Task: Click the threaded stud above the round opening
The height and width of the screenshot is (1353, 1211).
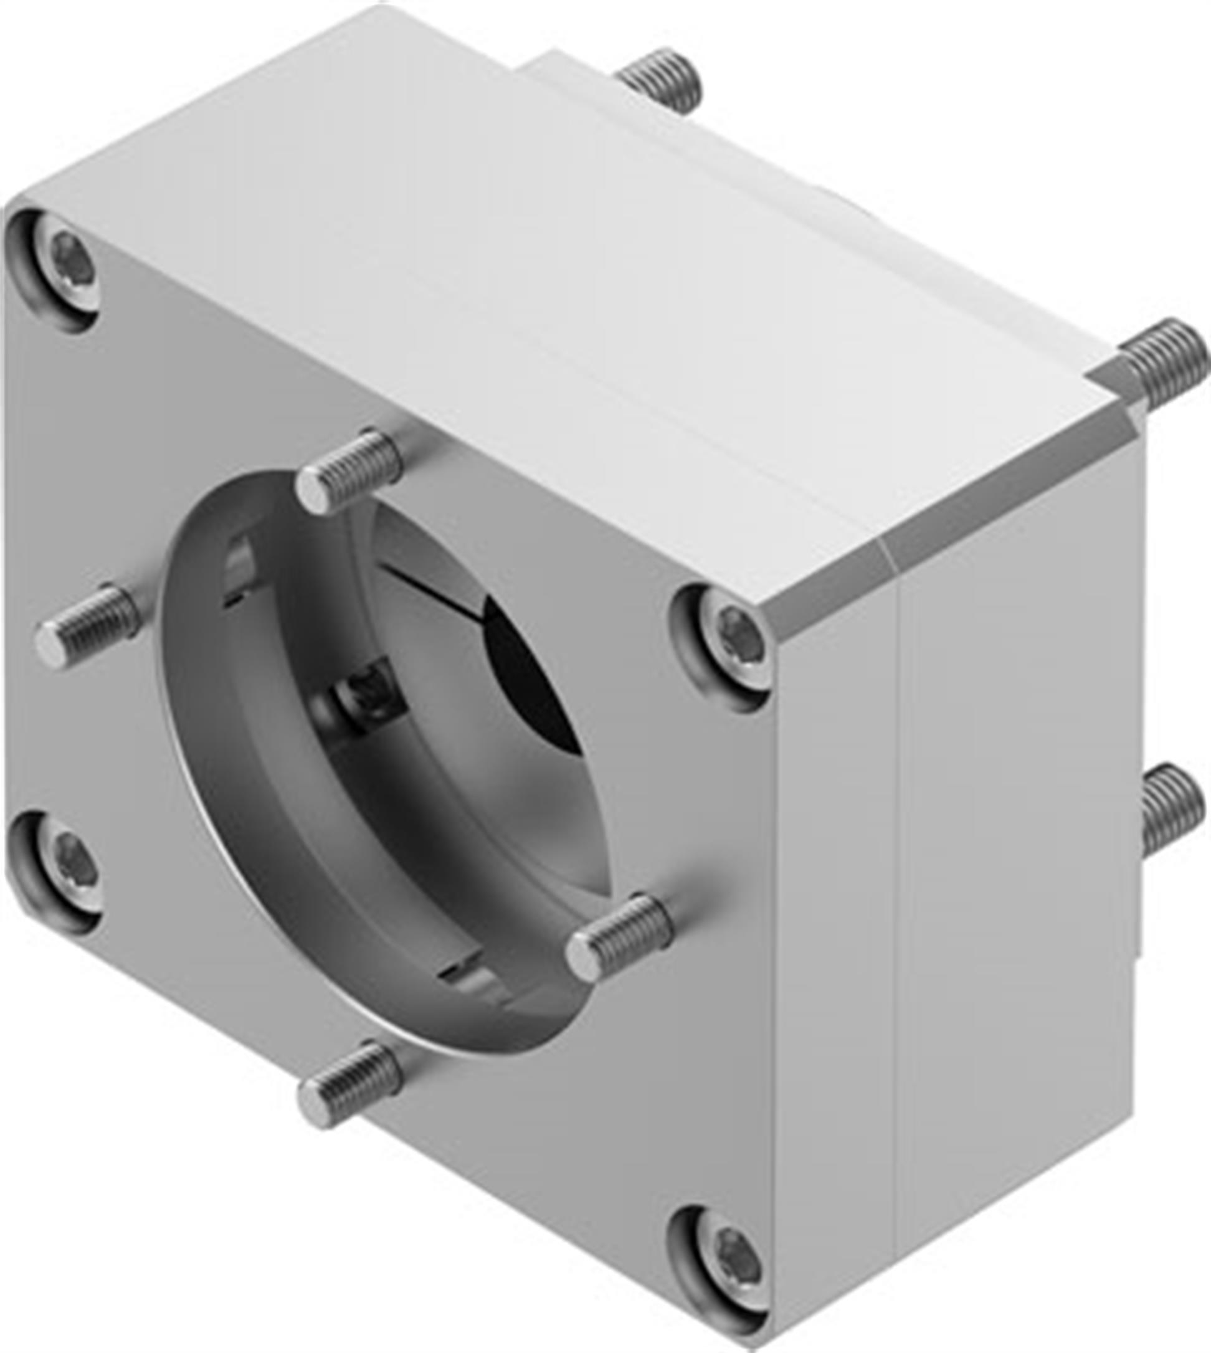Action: [x=350, y=470]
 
